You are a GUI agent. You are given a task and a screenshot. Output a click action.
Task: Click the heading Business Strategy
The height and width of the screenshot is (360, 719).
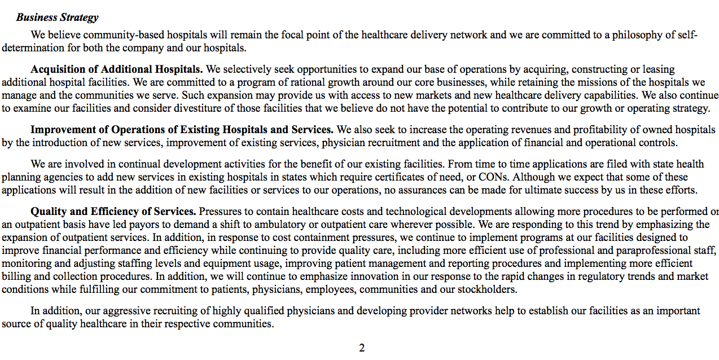click(57, 17)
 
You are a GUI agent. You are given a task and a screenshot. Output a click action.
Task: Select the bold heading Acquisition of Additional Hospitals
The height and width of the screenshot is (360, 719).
click(117, 69)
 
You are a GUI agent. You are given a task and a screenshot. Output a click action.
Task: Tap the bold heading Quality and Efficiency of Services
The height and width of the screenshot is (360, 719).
click(113, 212)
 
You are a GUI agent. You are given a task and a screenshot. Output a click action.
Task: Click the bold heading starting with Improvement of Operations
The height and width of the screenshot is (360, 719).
click(182, 130)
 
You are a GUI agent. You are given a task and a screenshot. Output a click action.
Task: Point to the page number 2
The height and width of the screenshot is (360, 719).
click(362, 348)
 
